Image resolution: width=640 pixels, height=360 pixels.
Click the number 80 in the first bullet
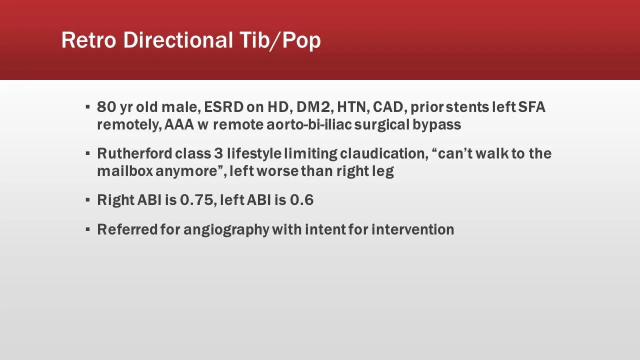coord(106,107)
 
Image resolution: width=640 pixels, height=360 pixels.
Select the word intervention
coord(412,229)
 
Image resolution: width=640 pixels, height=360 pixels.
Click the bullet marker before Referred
coord(87,229)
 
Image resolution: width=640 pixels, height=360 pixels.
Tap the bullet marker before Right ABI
coord(87,200)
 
